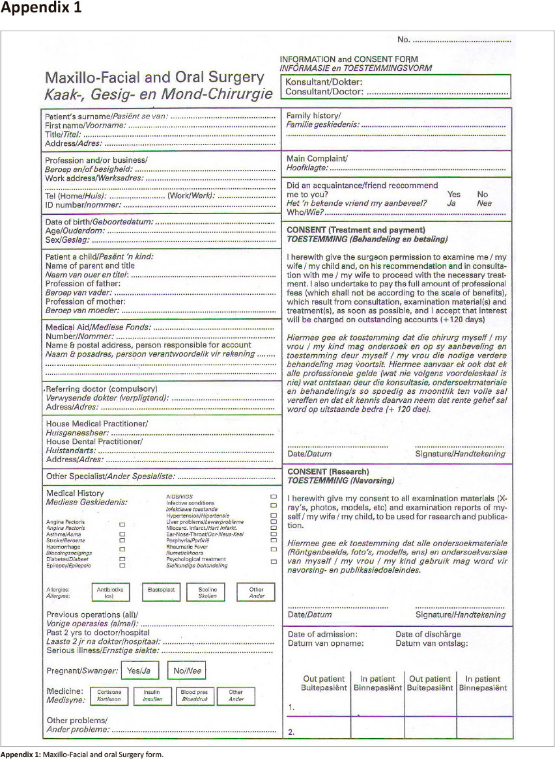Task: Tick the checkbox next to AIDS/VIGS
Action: [274, 496]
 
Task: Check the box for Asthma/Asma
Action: [122, 534]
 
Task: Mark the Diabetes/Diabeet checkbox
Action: [122, 558]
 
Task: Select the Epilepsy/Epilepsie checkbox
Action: [122, 566]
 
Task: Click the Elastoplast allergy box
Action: [159, 592]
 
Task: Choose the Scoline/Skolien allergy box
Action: [207, 592]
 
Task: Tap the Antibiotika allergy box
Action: [110, 592]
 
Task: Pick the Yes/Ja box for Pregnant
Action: [139, 670]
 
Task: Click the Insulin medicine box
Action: [152, 695]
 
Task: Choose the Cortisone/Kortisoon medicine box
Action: [109, 695]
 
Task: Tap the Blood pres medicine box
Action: [195, 695]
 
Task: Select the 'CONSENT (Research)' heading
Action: [328, 471]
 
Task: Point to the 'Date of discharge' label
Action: [428, 634]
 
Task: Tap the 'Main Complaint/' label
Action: [317, 158]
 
